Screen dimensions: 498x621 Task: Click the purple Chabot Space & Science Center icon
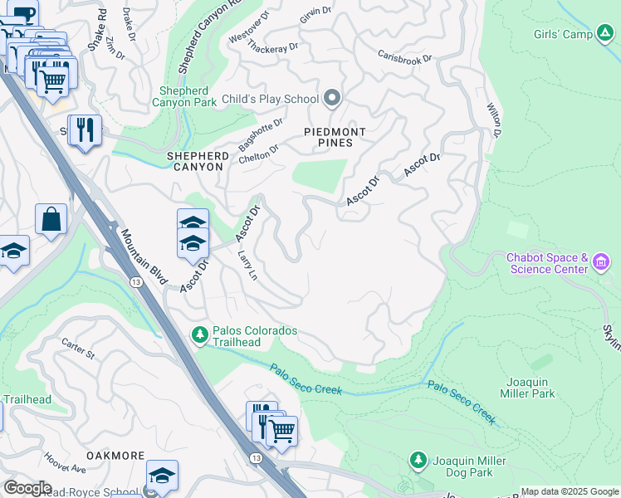(602, 264)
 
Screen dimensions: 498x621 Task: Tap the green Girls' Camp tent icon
(606, 34)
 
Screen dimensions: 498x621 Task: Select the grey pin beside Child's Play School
(333, 99)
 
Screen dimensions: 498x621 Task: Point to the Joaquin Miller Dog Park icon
(418, 460)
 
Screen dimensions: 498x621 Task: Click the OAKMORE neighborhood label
(115, 456)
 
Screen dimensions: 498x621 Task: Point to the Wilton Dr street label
(494, 120)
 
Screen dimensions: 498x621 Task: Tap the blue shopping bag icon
(51, 221)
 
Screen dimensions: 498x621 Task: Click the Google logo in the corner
(27, 488)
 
